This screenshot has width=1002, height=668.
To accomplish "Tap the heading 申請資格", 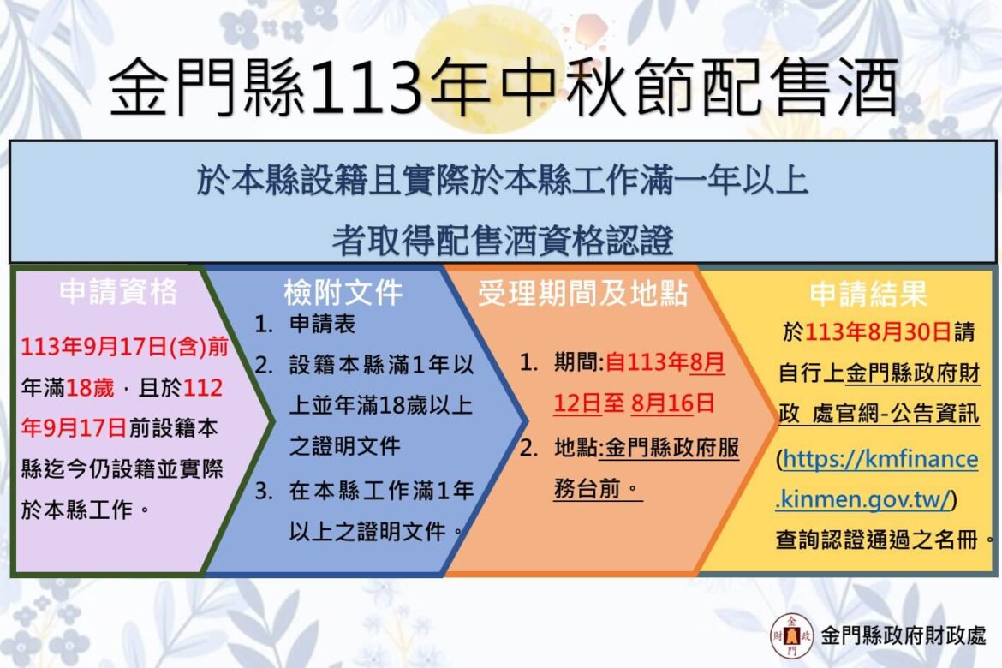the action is click(118, 292).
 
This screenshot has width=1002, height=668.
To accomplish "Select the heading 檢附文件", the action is click(343, 293).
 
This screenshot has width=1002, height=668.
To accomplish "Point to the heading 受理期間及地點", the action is click(583, 293).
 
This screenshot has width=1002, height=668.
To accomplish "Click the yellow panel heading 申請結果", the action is click(868, 294).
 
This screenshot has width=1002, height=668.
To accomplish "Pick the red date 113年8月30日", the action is click(878, 331).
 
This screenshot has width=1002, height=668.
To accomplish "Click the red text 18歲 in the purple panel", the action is click(90, 387).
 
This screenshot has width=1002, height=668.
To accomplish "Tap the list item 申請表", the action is click(322, 324).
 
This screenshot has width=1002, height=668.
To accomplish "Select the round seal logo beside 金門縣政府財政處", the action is click(792, 635).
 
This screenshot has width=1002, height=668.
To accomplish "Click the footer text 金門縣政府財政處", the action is click(904, 635).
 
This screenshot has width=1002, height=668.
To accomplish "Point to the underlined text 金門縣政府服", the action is click(671, 447).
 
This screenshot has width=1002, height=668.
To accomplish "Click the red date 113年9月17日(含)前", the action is click(125, 347).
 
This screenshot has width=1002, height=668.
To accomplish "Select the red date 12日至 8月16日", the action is click(634, 403).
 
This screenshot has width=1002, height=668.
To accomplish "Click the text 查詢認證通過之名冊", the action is click(877, 540).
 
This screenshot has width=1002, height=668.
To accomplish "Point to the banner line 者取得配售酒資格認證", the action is click(502, 241).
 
